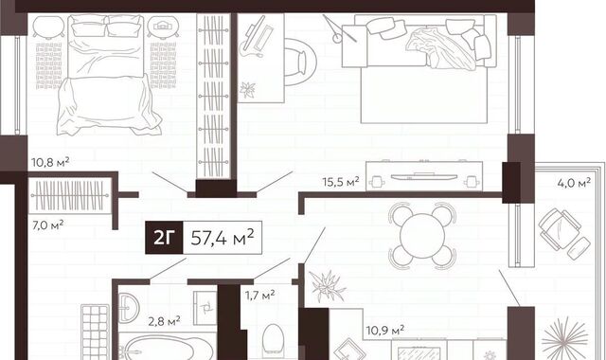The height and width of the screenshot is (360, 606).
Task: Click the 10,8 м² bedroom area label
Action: tap(50, 162)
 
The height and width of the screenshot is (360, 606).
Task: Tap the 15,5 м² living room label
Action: tap(341, 181)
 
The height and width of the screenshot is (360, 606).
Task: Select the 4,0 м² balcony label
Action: tap(574, 183)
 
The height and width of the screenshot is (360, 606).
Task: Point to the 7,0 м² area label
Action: tap(48, 225)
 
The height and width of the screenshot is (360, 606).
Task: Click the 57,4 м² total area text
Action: tap(223, 238)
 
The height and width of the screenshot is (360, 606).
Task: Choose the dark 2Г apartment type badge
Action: tap(164, 238)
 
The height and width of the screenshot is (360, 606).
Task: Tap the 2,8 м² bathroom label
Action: tap(164, 321)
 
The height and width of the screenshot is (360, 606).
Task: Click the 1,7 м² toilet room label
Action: tap(259, 296)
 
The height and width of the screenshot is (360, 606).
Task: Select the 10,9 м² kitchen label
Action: tap(385, 331)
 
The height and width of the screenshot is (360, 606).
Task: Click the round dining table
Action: tap(422, 236)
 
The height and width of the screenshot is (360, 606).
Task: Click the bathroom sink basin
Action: tap(129, 308)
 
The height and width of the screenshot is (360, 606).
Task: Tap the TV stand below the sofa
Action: tap(424, 176)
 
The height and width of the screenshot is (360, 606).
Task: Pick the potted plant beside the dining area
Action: tap(328, 286)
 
